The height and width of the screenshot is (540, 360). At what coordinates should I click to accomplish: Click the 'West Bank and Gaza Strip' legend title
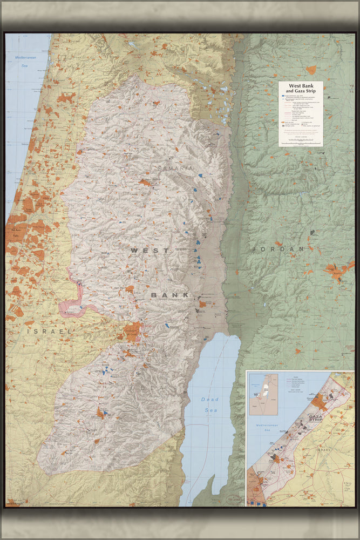(x=301, y=88)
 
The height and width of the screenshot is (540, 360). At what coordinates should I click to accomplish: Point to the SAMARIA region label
(x=175, y=169)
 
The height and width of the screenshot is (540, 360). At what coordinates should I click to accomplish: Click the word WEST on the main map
(x=150, y=251)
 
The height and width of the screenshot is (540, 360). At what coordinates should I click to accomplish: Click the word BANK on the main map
(x=170, y=295)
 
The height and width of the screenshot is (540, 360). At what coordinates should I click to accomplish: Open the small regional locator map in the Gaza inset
(x=263, y=394)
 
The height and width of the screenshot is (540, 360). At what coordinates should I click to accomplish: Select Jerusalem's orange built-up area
(x=132, y=329)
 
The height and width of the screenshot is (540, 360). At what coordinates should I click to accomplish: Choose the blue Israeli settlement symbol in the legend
(x=282, y=96)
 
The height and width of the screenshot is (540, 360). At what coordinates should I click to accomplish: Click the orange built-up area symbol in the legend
(x=282, y=123)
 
